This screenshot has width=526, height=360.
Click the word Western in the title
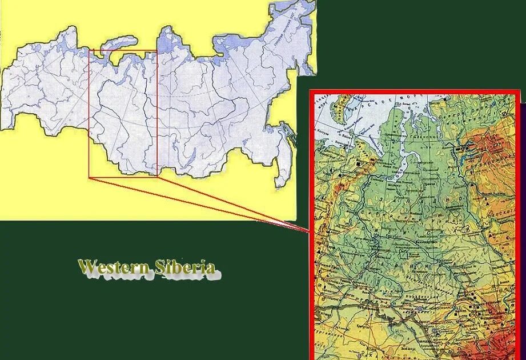pyautogui.click(x=113, y=267)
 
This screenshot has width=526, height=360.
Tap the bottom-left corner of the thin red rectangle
pyautogui.click(x=89, y=177)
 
